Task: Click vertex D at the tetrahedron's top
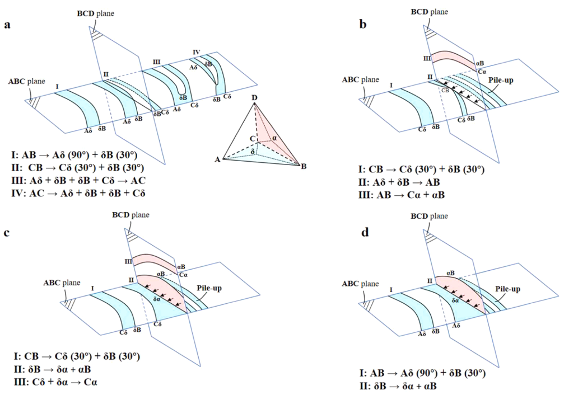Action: tap(255, 99)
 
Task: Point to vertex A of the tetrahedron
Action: tap(217, 160)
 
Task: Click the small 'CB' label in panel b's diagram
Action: tap(445, 90)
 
